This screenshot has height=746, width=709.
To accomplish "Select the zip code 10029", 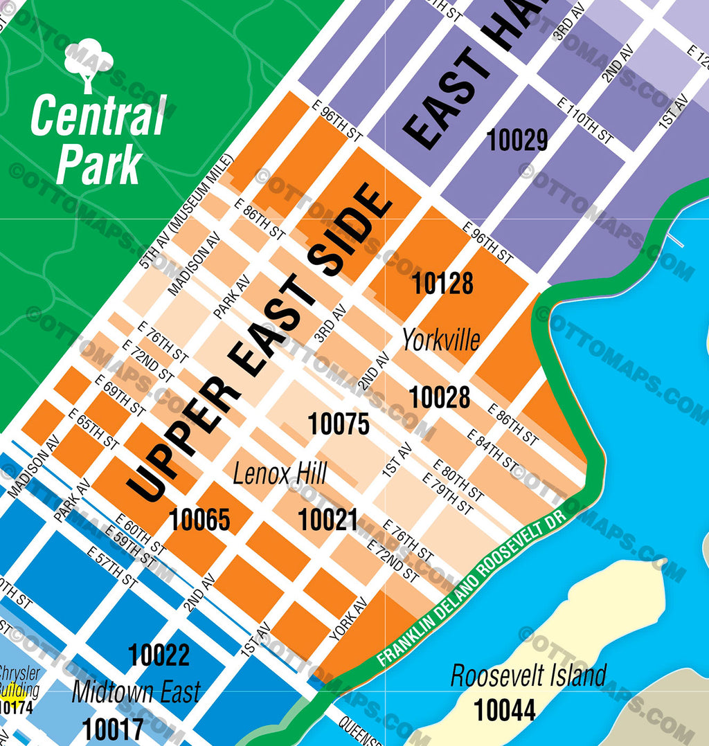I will coord(517,140).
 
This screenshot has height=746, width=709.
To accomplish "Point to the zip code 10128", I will coord(442,284).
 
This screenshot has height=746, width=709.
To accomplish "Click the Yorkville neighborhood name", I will coord(441,340).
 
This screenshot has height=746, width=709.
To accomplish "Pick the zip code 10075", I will coord(339,424).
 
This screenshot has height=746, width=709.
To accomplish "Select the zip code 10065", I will coord(200,519).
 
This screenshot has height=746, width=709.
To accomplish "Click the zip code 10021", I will coord(327,520).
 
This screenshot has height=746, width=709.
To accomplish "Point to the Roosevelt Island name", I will coord(528,675).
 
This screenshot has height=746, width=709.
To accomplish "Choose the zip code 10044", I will coord(505,710).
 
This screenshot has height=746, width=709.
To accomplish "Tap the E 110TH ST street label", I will coord(585,121).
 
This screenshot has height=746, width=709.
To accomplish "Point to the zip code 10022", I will coord(159,655).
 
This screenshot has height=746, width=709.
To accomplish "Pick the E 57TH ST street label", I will coord(112,567).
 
